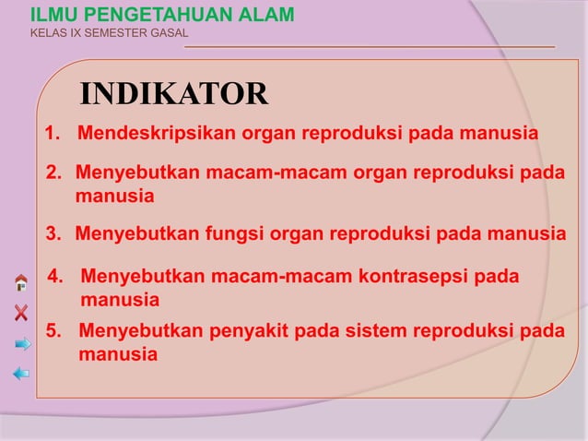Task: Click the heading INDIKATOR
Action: coord(174,94)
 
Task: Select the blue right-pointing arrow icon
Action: coord(22,343)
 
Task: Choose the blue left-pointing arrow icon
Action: coord(21,374)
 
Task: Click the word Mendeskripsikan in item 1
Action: coord(157,134)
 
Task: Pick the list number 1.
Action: coord(53,134)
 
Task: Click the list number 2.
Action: coord(53,173)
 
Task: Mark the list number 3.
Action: coord(53,233)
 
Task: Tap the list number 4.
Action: coord(54,277)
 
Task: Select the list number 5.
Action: coord(53,331)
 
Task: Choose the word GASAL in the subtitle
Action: coord(168,34)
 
